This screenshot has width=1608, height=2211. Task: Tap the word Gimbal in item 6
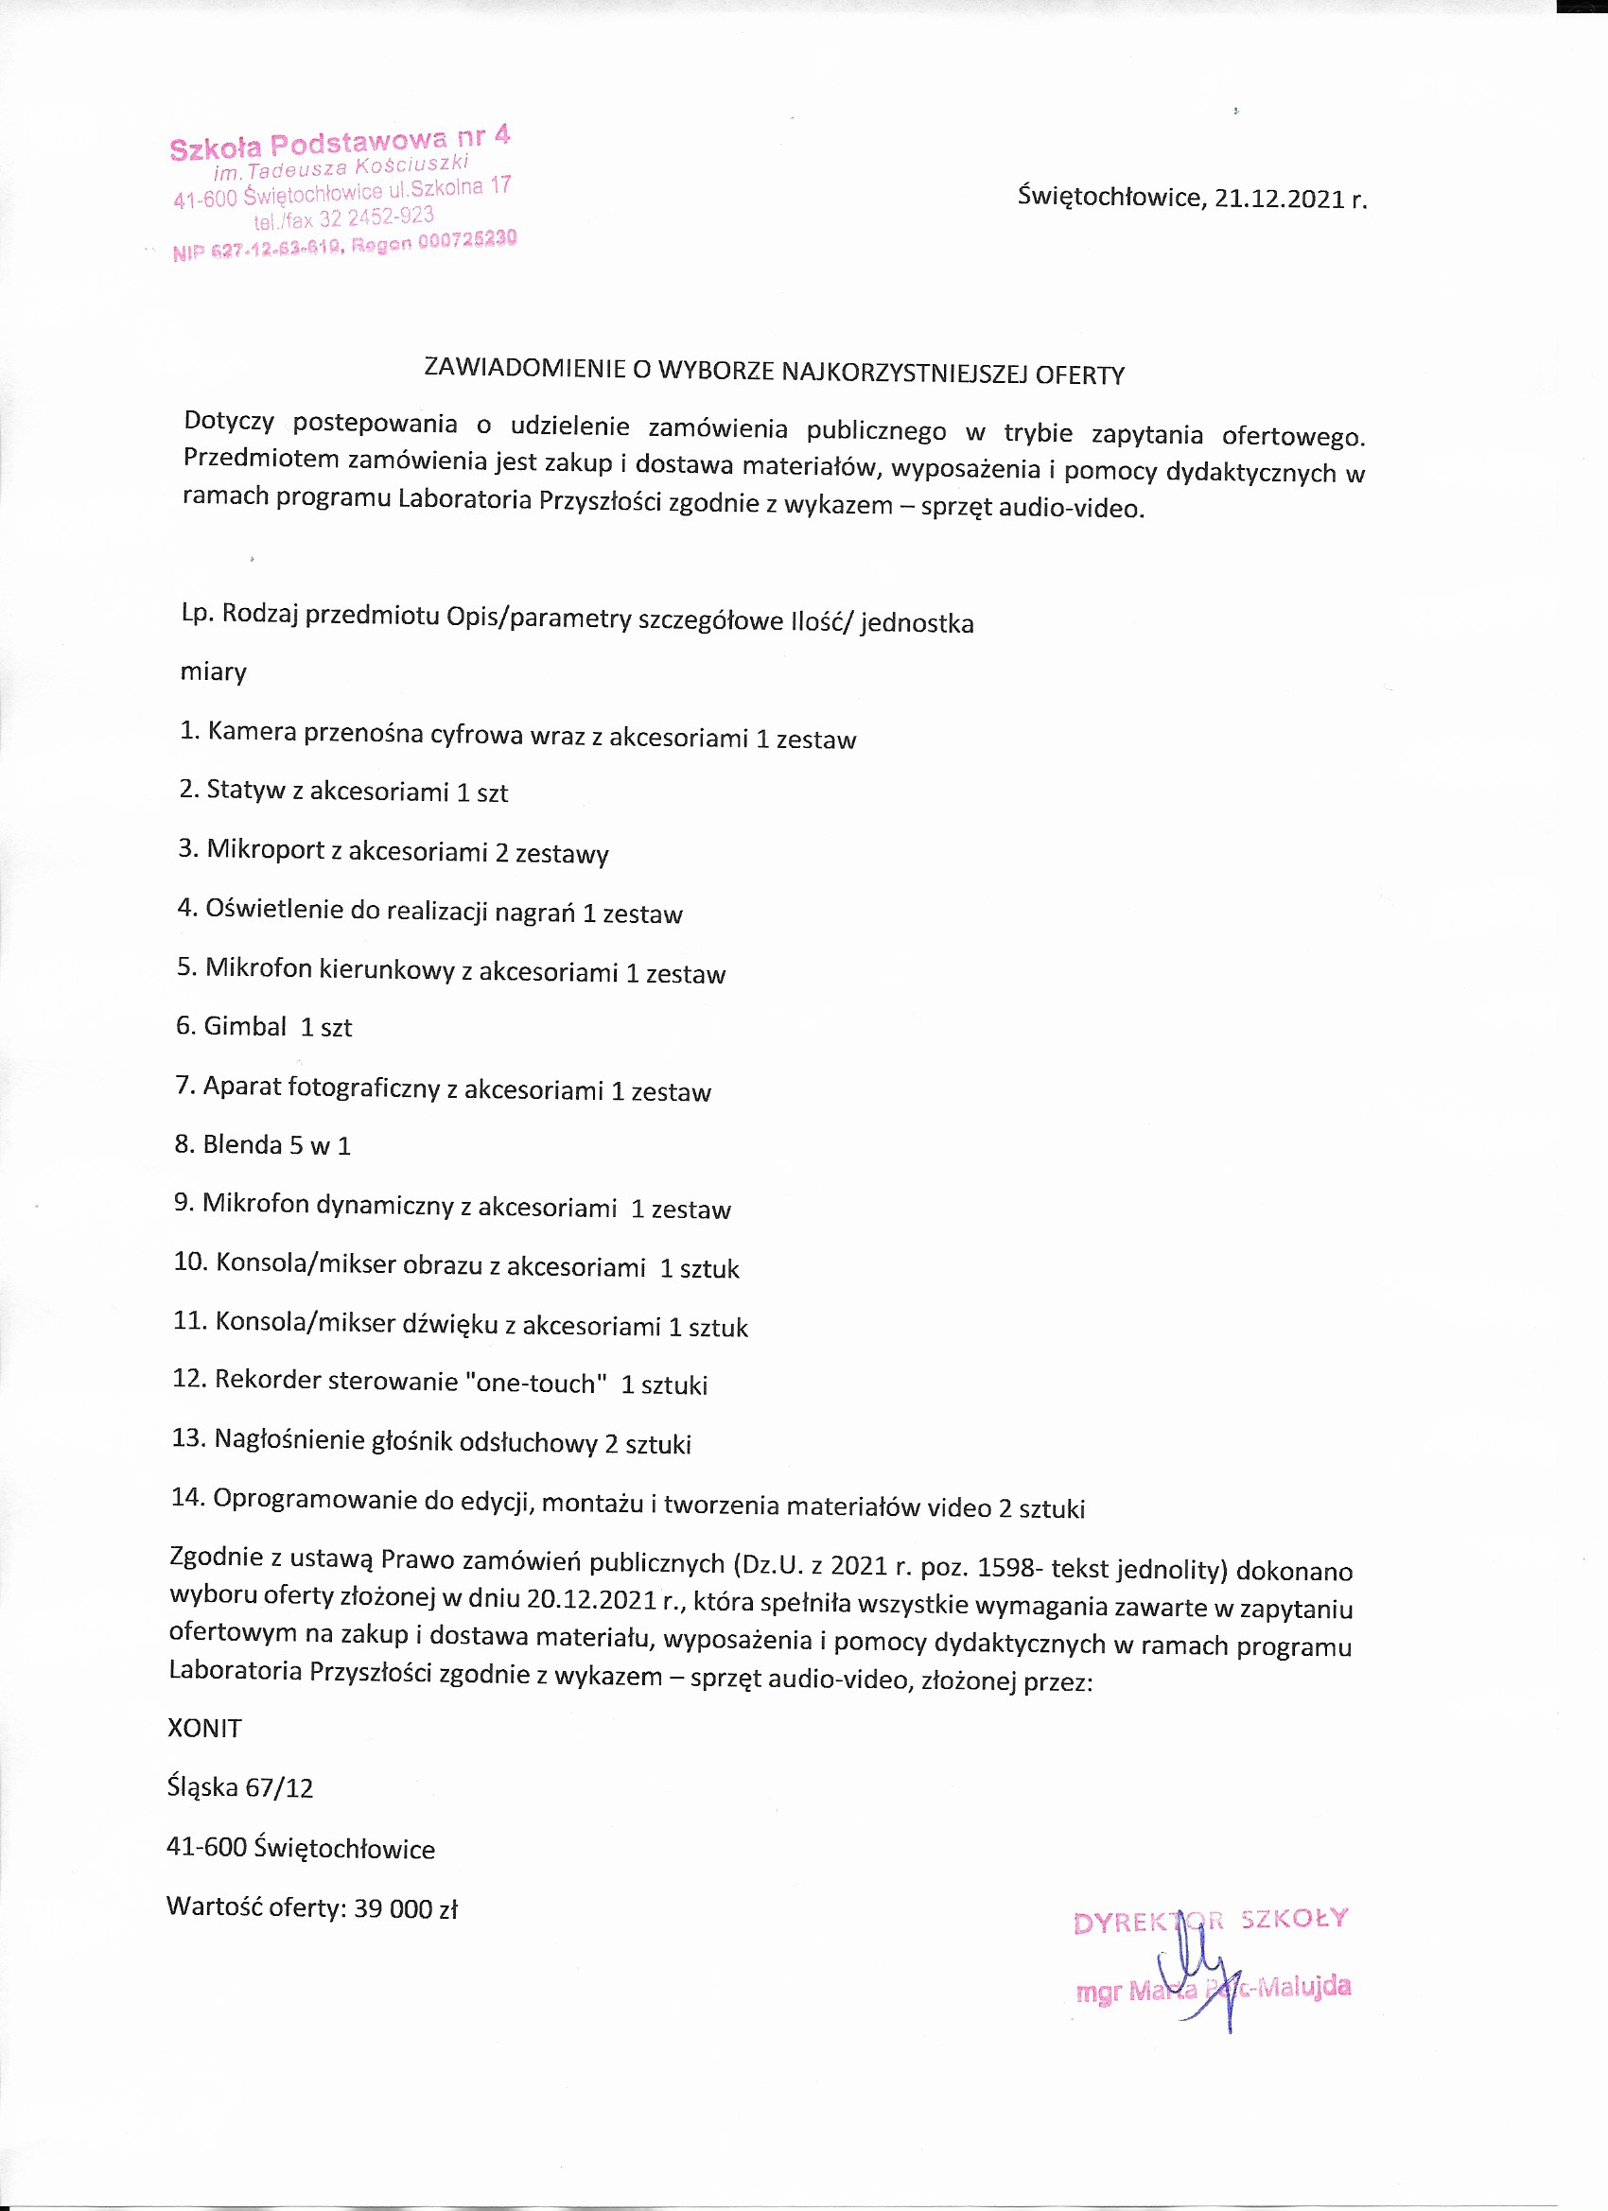tap(245, 1027)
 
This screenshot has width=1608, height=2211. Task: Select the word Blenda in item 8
tap(242, 1144)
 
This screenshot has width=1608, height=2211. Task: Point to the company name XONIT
tap(204, 1729)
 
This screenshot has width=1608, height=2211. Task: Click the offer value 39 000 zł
tap(406, 1908)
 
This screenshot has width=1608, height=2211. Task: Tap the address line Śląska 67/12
tap(241, 1788)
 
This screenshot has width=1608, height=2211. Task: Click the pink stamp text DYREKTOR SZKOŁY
tap(1210, 1921)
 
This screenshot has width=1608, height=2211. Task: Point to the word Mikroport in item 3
tap(264, 850)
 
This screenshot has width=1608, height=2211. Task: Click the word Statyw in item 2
tap(246, 790)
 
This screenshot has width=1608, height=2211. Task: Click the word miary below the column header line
tap(214, 672)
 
